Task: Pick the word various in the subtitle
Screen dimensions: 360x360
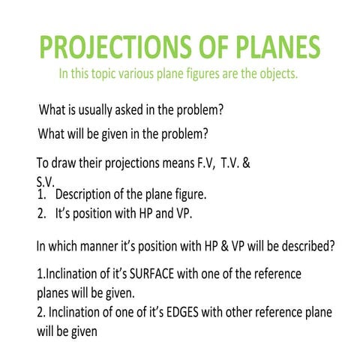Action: (x=145, y=75)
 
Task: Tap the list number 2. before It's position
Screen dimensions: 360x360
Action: (x=42, y=213)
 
